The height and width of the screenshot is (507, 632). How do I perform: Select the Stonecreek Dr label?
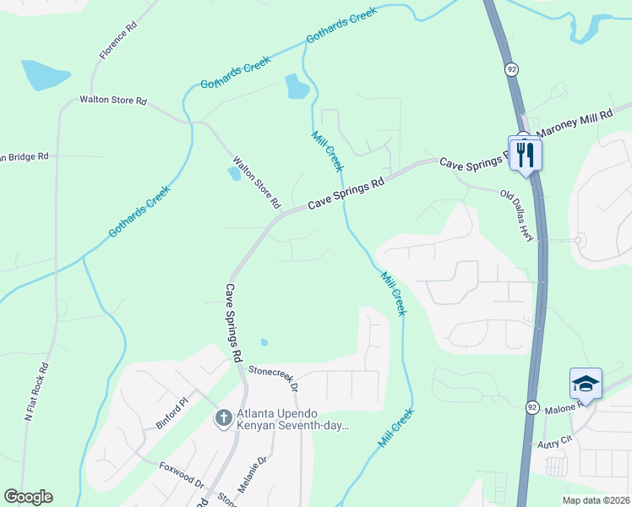point(273,378)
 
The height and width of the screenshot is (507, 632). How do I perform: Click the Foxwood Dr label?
point(182,474)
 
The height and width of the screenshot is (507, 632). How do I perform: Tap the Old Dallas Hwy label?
point(517,216)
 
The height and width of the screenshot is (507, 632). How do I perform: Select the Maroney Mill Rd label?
point(576,124)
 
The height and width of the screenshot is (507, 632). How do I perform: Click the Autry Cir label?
point(554,440)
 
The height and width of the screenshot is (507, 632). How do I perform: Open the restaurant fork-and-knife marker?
point(526,153)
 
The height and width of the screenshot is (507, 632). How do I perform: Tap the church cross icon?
point(223,417)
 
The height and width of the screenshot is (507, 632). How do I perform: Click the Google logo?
point(28,497)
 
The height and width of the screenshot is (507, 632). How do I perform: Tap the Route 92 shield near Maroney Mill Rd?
point(511,68)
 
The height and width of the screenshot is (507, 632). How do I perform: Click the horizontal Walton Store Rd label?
point(113,100)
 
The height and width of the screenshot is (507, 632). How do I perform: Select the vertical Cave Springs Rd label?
point(234,322)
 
